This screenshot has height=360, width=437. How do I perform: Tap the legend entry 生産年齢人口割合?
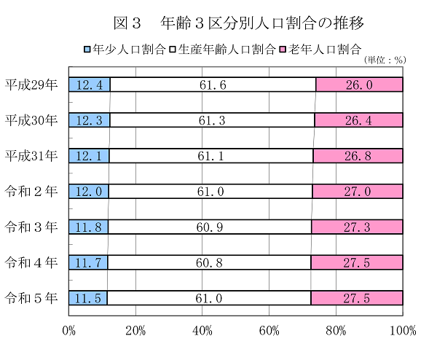223,50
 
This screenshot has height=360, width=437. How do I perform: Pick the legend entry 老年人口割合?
321,50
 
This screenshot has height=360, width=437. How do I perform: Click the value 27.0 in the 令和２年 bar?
358,192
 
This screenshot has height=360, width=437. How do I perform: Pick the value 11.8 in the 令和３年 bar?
89,227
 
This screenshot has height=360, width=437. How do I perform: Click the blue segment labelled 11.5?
87,297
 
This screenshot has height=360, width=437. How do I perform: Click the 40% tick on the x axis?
202,331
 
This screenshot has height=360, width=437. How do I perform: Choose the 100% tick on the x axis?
403,331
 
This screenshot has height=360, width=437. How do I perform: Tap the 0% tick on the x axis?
69,331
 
